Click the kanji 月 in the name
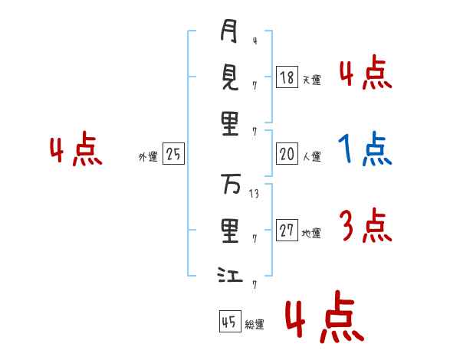[229, 33]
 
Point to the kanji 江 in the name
[229, 274]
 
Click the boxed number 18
[287, 77]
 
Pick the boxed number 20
[287, 154]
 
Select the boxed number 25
[172, 154]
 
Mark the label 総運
[255, 325]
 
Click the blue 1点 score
[365, 150]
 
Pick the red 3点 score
[365, 227]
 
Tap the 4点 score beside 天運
[365, 74]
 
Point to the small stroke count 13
[255, 195]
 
